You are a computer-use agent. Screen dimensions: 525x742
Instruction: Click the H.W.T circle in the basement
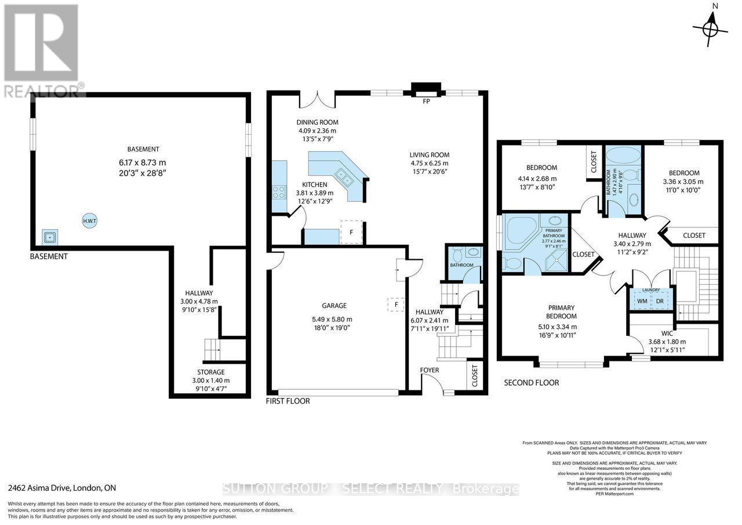pos(89,220)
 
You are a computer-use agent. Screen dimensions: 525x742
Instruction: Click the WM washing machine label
pos(642,301)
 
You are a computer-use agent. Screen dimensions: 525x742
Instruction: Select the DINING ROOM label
pos(317,122)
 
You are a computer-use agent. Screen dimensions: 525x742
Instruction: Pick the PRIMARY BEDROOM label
pos(561,312)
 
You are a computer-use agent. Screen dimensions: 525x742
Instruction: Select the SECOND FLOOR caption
pos(531,383)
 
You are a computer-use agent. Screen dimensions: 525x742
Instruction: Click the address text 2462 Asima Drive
pos(62,488)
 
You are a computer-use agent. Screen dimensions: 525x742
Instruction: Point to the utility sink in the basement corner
pos(50,237)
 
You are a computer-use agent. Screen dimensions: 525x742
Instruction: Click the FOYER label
pos(430,370)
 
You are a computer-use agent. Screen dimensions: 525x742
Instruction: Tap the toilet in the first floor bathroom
pos(456,255)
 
